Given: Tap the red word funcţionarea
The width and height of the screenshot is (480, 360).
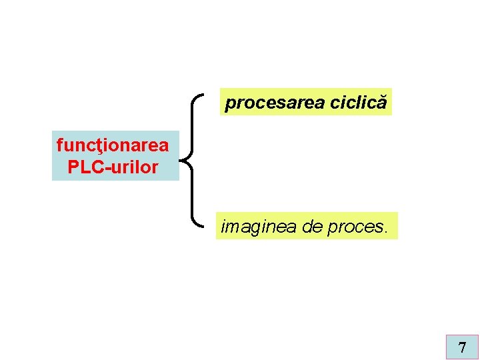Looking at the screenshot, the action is click(113, 144).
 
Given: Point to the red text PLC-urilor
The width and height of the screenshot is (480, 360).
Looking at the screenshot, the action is click(113, 167).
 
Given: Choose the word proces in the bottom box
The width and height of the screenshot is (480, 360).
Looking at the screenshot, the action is click(354, 227).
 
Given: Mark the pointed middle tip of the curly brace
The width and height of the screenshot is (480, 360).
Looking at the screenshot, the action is click(182, 158).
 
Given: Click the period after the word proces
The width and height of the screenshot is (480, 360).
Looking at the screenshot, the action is click(383, 231).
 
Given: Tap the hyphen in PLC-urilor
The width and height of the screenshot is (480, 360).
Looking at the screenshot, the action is click(107, 168).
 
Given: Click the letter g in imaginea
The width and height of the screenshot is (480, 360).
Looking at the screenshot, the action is click(253, 229).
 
